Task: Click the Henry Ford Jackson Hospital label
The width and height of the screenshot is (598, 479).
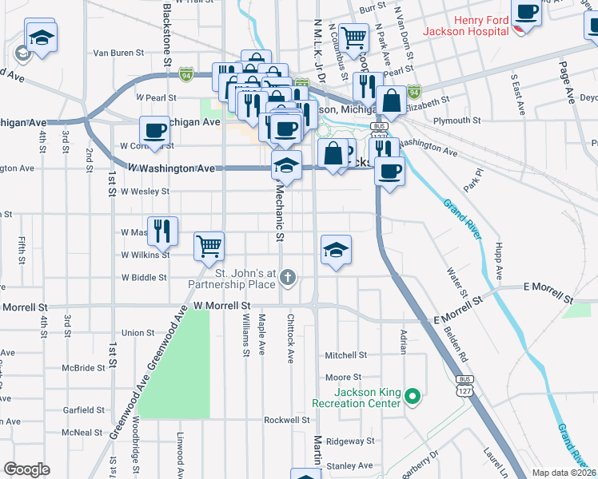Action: [481, 25]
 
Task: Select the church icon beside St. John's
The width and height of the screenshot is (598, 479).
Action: [289, 278]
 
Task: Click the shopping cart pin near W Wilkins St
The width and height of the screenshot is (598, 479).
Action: [209, 246]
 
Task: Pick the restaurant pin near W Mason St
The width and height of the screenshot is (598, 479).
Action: [162, 231]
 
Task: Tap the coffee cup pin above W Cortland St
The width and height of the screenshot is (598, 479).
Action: [155, 130]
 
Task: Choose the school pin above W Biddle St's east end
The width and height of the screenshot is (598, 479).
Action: [337, 250]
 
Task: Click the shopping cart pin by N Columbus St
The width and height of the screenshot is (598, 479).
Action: [353, 36]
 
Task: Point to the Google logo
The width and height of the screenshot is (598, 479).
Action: [26, 469]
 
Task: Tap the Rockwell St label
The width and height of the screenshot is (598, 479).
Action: [286, 420]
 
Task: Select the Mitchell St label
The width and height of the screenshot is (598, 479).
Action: [345, 355]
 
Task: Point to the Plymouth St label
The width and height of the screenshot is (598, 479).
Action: [457, 121]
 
